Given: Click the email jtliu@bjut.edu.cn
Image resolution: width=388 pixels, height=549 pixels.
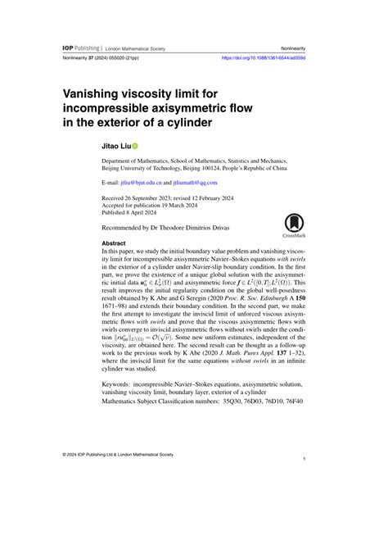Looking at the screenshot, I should click(x=140, y=184).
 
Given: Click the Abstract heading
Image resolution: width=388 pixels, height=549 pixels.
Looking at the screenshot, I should click(x=114, y=243).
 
